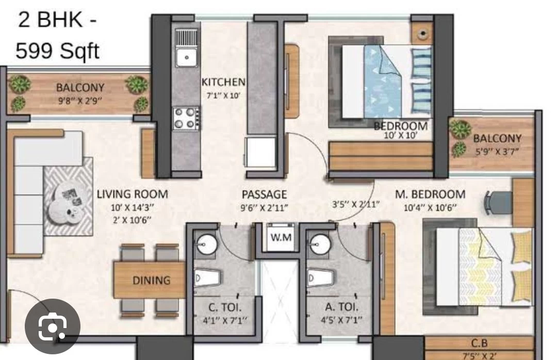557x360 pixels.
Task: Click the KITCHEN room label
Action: [223, 82]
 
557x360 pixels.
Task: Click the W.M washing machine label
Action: [281, 237]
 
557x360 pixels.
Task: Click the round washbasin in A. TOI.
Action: [321, 244]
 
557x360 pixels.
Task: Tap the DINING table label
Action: [151, 281]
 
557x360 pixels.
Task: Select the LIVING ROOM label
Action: [133, 194]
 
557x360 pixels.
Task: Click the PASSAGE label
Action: [264, 194]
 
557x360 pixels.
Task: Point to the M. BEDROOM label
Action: [430, 194]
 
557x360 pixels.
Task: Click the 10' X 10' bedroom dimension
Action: [401, 135]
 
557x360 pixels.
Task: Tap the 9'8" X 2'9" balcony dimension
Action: [80, 101]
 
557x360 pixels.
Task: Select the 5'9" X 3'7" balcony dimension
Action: [497, 152]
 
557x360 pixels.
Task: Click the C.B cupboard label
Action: [480, 343]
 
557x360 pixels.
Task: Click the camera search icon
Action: [52, 326]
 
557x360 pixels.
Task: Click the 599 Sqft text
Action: [58, 51]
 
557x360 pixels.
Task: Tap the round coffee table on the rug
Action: [69, 207]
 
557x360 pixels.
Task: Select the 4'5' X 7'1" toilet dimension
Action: [342, 320]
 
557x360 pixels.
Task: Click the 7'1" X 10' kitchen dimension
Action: [223, 95]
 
